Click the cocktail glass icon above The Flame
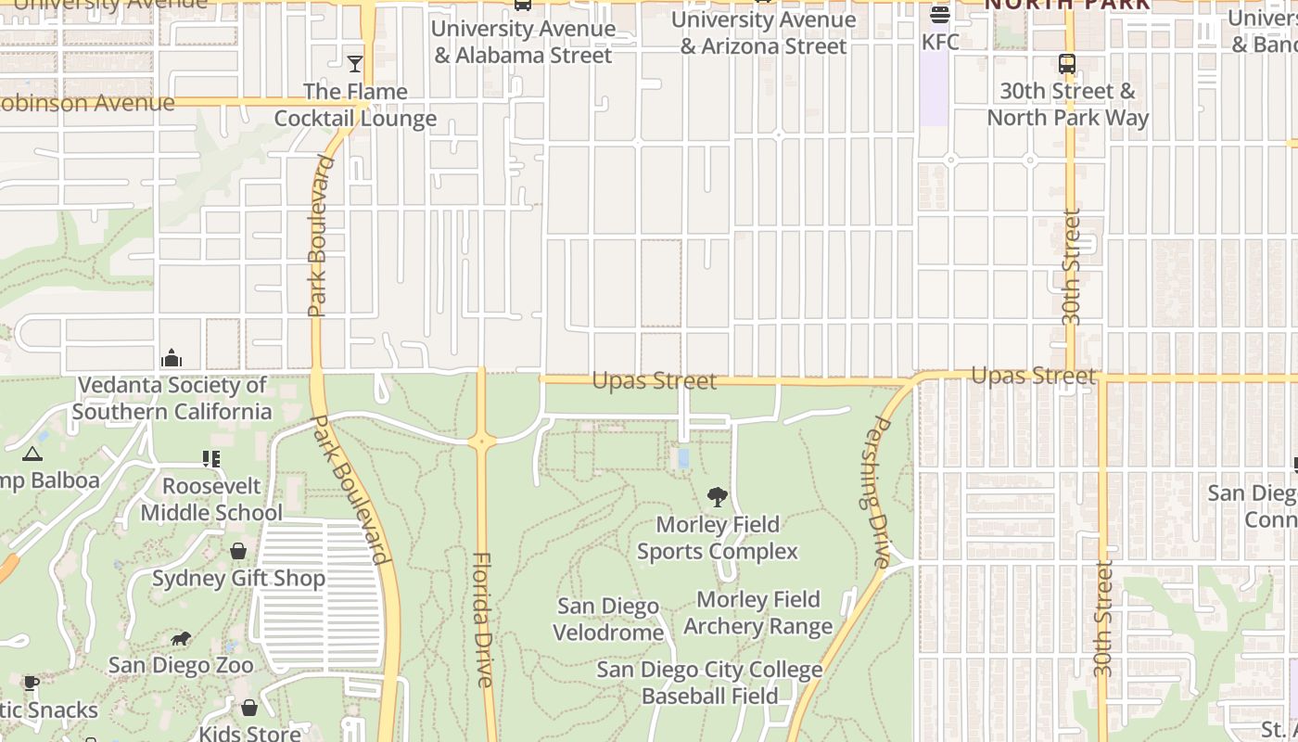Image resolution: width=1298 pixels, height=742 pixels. (x=355, y=64)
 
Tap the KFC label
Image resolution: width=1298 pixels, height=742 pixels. (x=940, y=42)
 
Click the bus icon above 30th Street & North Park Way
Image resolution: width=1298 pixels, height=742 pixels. (x=1067, y=64)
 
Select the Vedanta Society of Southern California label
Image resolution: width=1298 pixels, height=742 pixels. (x=172, y=398)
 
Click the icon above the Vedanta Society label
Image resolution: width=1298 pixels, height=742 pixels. (x=172, y=358)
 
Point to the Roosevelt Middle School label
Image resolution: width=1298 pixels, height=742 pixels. (x=211, y=499)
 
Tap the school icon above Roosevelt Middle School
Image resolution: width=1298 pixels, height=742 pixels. (x=211, y=459)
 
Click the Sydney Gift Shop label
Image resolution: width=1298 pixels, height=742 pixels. (x=238, y=579)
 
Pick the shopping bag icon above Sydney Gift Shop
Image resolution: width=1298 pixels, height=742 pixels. (x=238, y=552)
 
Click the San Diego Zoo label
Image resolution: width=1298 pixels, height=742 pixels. (x=181, y=665)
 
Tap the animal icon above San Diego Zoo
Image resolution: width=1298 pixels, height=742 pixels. (x=181, y=638)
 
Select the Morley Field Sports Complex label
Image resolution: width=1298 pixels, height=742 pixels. (x=717, y=538)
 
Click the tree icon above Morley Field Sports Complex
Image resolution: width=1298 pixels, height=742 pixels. (x=717, y=497)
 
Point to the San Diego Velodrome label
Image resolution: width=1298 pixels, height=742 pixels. (x=608, y=620)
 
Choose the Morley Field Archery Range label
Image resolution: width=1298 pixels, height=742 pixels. (x=758, y=613)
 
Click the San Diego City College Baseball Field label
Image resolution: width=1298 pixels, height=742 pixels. (x=709, y=683)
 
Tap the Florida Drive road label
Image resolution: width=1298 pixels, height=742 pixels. (x=483, y=620)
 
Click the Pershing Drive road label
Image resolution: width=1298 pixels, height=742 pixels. (x=877, y=492)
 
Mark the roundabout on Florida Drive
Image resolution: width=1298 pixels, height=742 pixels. (x=481, y=441)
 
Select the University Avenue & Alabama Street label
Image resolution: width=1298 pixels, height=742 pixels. (x=523, y=42)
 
